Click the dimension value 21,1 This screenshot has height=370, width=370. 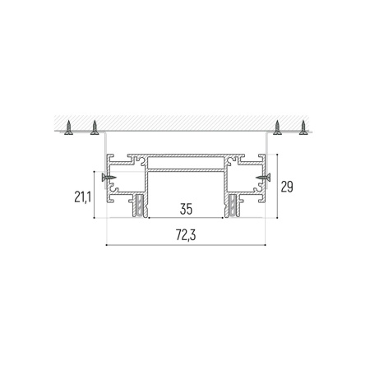82,197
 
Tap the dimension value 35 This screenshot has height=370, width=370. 186,209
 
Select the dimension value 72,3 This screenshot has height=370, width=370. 186,235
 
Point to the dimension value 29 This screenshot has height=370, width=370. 287,187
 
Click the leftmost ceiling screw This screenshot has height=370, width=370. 68,127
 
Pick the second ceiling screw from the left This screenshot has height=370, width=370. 95,127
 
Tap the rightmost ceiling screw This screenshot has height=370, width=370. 303,127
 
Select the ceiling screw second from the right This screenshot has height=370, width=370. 278,127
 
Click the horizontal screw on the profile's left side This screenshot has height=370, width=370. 109,178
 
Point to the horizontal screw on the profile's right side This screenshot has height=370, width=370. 263,178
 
